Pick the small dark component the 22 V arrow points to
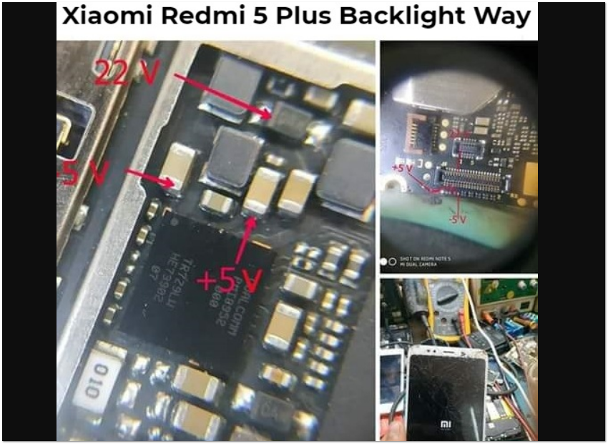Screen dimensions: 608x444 [x=290, y=116]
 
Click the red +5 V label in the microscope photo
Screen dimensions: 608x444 [x=401, y=169]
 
